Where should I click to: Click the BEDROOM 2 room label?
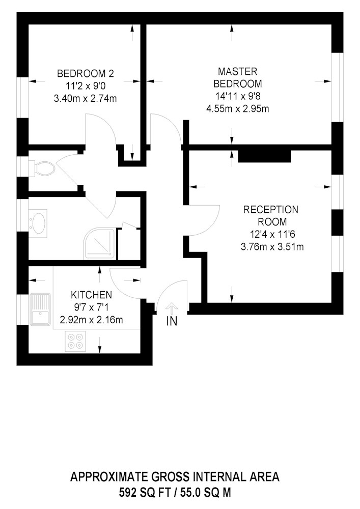(x=86, y=73)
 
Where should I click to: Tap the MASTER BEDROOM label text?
(x=238, y=77)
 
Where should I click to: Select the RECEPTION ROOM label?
(x=271, y=215)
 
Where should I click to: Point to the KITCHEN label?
(x=91, y=295)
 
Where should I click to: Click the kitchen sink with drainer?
(x=40, y=309)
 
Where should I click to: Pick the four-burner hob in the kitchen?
(x=75, y=341)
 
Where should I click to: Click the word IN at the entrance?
(x=172, y=321)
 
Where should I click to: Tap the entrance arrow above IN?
(x=172, y=308)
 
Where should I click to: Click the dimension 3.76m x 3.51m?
(x=272, y=247)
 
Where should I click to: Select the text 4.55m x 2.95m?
(x=238, y=108)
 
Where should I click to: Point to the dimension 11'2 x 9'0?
(x=86, y=86)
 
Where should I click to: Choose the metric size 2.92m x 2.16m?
(x=91, y=320)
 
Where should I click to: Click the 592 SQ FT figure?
(x=145, y=493)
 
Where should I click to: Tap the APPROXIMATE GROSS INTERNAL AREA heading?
(x=175, y=477)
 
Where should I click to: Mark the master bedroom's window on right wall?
(x=337, y=87)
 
